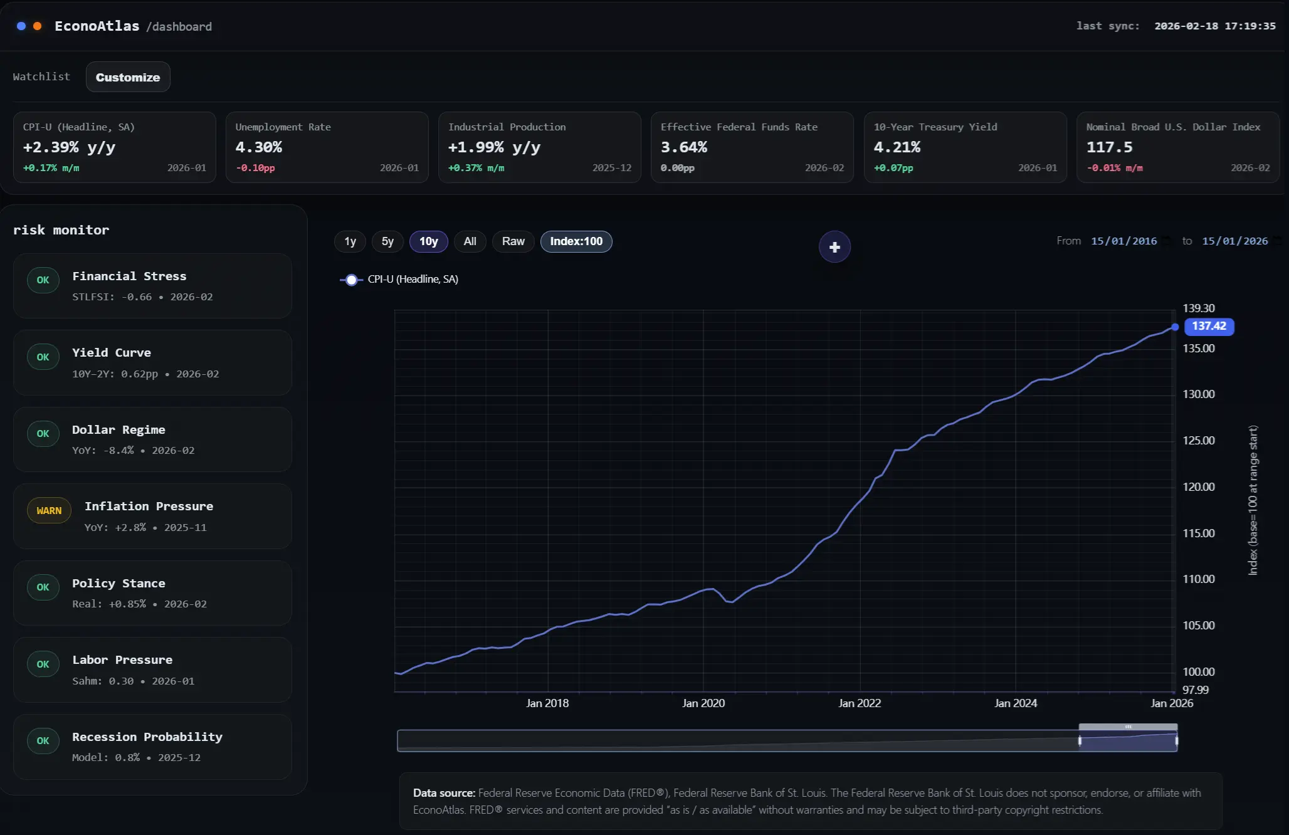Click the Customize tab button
[x=128, y=77]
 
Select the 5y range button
[x=387, y=241]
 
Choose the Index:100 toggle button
[x=576, y=241]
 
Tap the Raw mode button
[x=513, y=241]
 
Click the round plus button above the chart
[x=834, y=247]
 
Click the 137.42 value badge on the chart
[x=1209, y=326]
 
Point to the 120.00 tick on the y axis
[x=1198, y=487]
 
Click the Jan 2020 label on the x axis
[x=703, y=703]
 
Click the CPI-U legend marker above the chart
[x=352, y=280]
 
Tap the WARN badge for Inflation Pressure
[x=49, y=511]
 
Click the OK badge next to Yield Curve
[x=43, y=357]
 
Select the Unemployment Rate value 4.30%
[x=258, y=147]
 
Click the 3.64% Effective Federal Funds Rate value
[x=683, y=147]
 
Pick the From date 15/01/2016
[x=1123, y=241]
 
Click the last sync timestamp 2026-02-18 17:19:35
[x=1214, y=26]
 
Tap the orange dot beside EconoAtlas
[x=38, y=26]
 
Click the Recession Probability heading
[x=147, y=737]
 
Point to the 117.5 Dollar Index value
[x=1109, y=147]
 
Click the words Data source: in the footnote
[x=444, y=793]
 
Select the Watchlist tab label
[x=41, y=76]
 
